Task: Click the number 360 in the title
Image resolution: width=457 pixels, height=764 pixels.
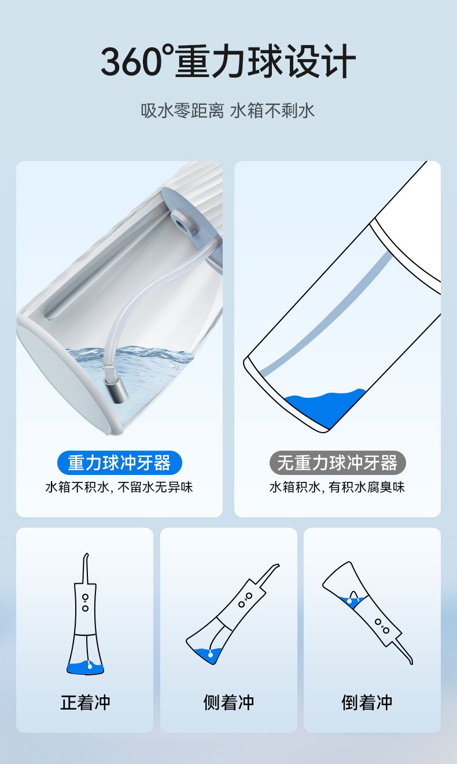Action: coord(131,62)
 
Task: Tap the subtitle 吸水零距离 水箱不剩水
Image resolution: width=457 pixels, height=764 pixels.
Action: coord(228,111)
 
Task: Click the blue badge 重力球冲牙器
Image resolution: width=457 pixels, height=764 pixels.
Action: coord(120,462)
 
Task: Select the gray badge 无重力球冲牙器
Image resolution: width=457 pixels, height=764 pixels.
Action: coord(337,462)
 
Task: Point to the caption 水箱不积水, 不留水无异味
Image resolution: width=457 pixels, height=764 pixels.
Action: coord(119,487)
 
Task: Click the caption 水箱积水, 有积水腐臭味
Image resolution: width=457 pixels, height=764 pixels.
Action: coord(337,487)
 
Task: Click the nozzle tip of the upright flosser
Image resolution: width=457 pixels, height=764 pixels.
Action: coord(87,554)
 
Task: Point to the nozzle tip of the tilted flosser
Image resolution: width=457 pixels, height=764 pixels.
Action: coord(278,565)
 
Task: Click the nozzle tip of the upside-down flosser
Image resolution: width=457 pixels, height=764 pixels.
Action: coord(411,663)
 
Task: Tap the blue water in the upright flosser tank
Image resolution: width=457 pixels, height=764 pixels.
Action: coord(84,667)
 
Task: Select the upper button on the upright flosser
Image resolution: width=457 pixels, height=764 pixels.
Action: coord(85,597)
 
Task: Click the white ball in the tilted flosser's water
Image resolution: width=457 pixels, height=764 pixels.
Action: coord(211,655)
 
